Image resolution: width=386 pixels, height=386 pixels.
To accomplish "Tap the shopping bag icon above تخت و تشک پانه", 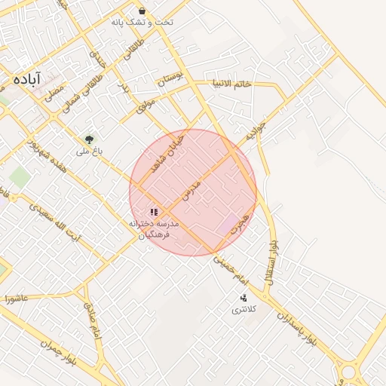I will tap(142, 11).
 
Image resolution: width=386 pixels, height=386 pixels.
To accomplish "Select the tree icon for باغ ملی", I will tap(90, 139).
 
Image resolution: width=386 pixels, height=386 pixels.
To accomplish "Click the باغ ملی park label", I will tap(88, 152).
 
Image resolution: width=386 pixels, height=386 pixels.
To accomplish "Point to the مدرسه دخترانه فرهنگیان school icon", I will tap(154, 213).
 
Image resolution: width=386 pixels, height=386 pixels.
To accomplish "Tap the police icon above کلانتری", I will tap(243, 298).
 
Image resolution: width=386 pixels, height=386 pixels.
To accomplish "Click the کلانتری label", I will tap(243, 309).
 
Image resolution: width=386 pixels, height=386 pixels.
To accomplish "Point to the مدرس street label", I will tap(191, 189).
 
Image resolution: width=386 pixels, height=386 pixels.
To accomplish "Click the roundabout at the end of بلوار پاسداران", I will tap(349, 372).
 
